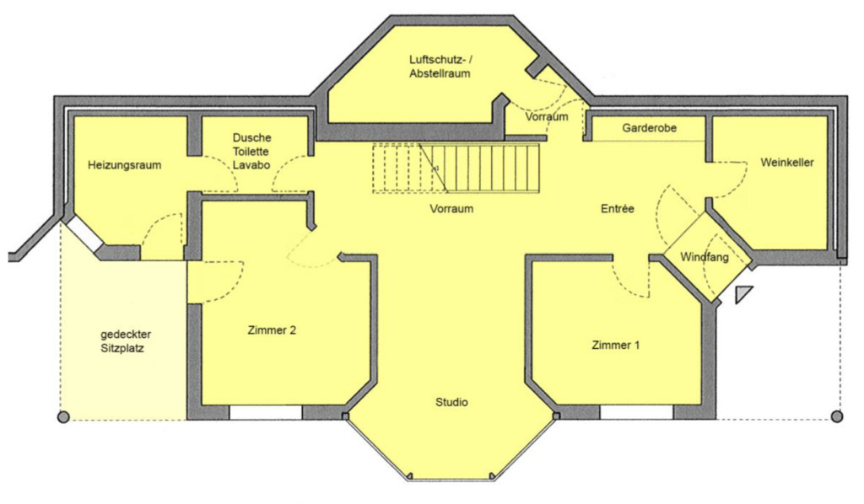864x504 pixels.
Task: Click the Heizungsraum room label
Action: coord(124,165)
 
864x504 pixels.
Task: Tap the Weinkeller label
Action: coord(786,163)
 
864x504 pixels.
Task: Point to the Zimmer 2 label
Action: coord(272,330)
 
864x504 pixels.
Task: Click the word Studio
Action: coord(451,402)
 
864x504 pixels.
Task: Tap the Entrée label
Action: coord(617,208)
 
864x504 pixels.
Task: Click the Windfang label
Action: coord(705,256)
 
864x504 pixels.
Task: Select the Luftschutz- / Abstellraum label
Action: coord(439,67)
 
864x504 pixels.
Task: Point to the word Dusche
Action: coord(251,137)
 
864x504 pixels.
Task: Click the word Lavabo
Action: coord(251,166)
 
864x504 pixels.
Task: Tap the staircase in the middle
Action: coord(456,168)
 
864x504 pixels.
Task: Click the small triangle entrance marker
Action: coord(742,294)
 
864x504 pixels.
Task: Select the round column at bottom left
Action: coord(62,416)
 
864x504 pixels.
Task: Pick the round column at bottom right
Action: coord(836,416)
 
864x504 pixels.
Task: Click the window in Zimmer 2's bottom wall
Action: coord(266,413)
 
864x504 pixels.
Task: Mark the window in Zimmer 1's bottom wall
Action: coord(636,413)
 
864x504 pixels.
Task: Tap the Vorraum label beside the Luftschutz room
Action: coord(546,117)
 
